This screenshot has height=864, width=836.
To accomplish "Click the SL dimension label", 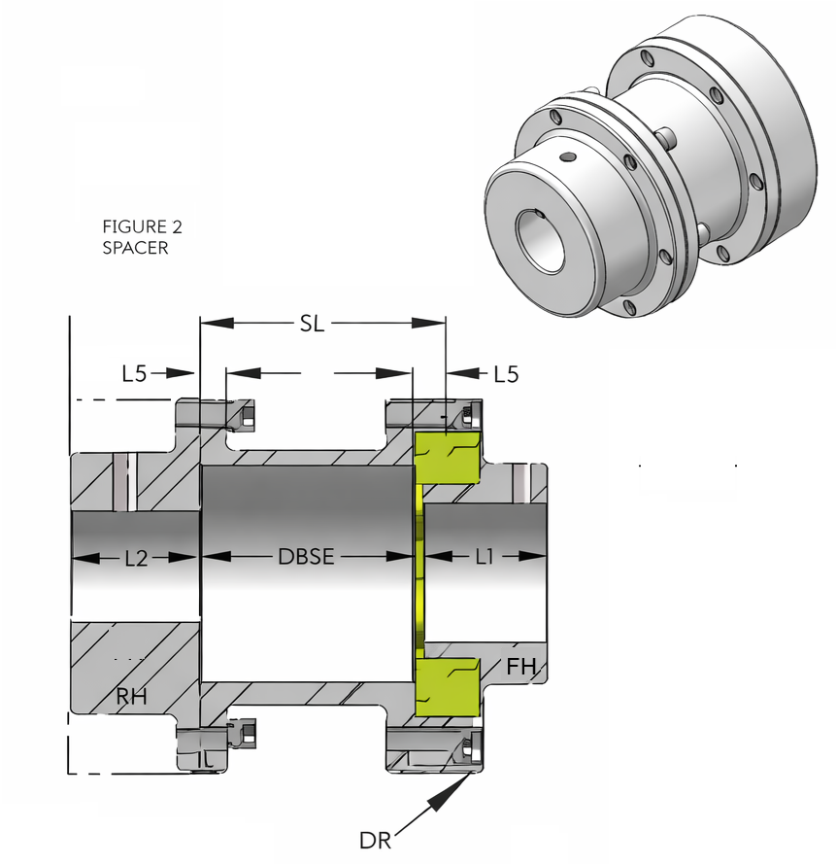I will (x=311, y=324).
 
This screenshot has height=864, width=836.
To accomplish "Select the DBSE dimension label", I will (x=306, y=557).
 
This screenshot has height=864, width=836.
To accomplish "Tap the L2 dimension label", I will (x=136, y=558).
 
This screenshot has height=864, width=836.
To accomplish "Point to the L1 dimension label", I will (x=485, y=557).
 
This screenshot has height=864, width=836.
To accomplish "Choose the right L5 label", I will (x=506, y=372).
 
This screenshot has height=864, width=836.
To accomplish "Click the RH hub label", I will (x=131, y=695).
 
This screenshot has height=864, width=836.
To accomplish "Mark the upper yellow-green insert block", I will (x=448, y=456).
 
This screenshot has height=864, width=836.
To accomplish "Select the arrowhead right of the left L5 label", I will (x=187, y=372).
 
